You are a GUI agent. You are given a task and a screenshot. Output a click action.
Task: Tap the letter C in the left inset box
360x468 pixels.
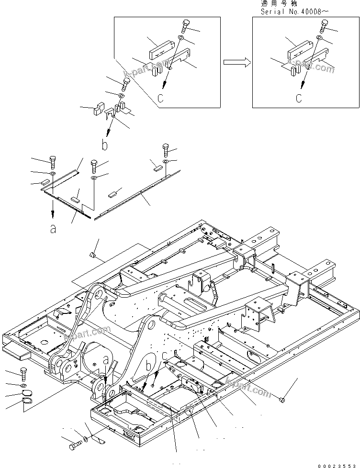tap(160, 99)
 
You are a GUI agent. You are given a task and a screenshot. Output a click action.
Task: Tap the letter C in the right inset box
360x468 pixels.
tap(298, 99)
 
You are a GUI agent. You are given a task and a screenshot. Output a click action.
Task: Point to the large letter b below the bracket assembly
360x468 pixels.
tap(104, 144)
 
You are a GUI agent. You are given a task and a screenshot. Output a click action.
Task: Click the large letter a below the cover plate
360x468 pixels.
tap(53, 229)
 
